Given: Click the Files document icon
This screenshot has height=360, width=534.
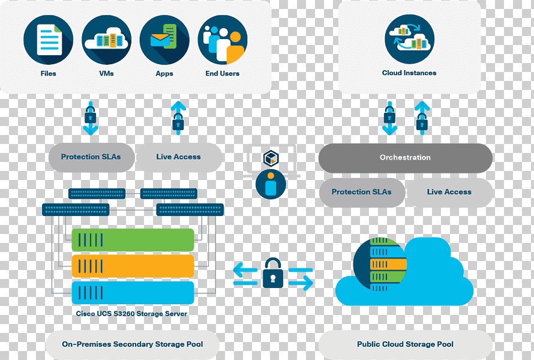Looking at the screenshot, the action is click(49, 40).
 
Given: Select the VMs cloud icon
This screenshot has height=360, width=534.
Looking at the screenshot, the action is click(107, 40).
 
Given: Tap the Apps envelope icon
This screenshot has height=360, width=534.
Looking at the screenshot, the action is click(164, 40).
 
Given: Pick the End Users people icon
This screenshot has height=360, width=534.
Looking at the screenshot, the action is click(223, 40).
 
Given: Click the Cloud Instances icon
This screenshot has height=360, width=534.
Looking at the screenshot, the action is click(410, 39).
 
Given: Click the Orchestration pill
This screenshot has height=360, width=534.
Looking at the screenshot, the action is click(405, 158).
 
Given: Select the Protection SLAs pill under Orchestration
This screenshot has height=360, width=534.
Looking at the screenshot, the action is click(362, 192).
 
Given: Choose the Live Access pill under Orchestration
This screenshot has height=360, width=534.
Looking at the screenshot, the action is click(449, 192).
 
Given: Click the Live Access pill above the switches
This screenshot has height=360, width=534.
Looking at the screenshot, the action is click(179, 157).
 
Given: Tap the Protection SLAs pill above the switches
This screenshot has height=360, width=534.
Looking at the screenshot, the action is click(91, 157).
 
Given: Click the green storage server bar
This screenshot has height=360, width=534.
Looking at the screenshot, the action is click(133, 240).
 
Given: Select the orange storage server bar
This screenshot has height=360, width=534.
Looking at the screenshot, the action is click(133, 266).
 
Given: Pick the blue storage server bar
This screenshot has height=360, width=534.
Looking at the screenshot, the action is click(133, 293).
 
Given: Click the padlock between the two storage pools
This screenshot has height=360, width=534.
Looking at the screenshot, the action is click(273, 273).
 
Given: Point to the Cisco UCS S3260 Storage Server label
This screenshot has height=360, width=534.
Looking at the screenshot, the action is click(131, 314).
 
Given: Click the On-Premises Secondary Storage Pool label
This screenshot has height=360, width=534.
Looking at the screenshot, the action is click(133, 344).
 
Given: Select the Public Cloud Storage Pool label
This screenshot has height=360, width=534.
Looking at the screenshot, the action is click(405, 344).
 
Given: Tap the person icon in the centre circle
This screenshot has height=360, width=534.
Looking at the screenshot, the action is click(271, 184).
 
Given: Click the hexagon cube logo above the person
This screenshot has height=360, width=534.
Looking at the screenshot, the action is click(271, 158).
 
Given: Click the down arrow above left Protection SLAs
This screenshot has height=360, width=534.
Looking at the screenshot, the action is click(91, 118).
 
